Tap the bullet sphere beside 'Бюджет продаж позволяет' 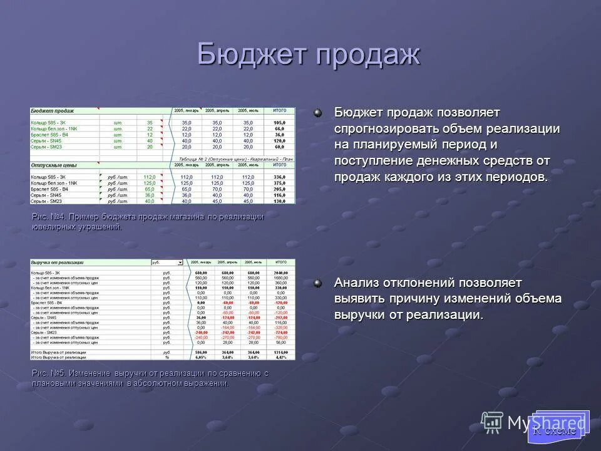(x=318, y=112)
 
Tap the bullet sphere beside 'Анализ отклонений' (x=318, y=283)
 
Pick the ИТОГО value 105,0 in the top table (x=279, y=123)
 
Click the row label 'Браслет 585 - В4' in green (x=49, y=135)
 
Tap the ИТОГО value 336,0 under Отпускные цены (x=279, y=177)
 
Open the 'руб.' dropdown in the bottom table (x=180, y=263)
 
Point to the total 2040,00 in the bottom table (x=280, y=273)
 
